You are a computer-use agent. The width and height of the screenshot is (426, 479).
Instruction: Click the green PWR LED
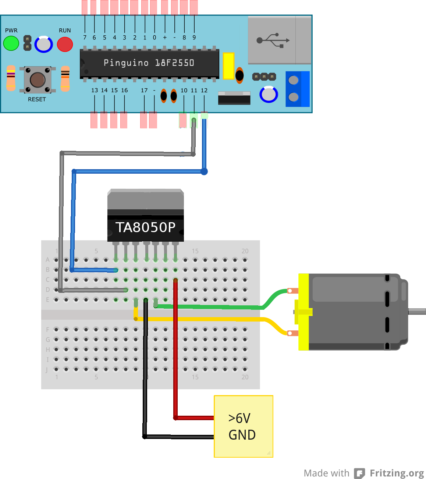click(x=11, y=43)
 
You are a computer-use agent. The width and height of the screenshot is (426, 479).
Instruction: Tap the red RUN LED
click(x=65, y=45)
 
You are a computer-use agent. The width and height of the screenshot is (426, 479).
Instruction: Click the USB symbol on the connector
click(x=273, y=40)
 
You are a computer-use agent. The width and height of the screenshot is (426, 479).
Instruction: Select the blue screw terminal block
click(x=298, y=89)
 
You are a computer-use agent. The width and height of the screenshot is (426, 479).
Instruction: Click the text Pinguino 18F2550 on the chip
click(x=149, y=63)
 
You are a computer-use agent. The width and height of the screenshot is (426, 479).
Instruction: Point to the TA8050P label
click(x=145, y=227)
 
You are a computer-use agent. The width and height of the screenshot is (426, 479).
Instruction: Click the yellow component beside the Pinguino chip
click(x=228, y=66)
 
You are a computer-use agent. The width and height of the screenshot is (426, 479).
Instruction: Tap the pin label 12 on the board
click(x=204, y=91)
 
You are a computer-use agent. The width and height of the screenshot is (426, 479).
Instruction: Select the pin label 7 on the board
click(x=85, y=38)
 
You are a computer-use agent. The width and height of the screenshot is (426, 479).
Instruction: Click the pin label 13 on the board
click(x=95, y=91)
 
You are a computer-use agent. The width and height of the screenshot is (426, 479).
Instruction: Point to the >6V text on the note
click(x=239, y=419)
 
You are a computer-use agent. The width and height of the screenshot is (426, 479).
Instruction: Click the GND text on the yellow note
click(x=242, y=435)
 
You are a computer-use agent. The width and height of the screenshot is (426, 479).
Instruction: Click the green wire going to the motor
click(x=221, y=307)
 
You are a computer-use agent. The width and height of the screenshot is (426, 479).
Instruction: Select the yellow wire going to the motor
click(x=221, y=319)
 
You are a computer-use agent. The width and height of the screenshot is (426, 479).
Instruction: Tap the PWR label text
click(x=11, y=31)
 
